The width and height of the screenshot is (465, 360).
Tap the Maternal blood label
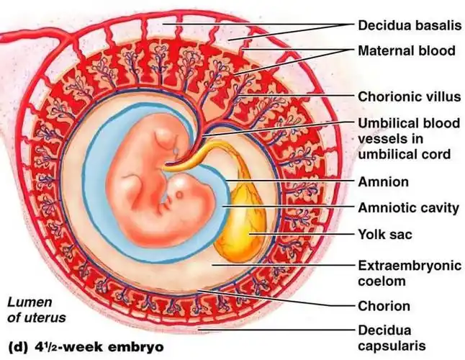(407, 50)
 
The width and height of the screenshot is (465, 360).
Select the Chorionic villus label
(409, 96)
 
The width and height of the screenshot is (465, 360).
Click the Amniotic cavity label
(408, 208)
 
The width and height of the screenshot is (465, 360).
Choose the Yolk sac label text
(386, 234)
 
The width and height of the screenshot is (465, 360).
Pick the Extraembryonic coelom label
(409, 273)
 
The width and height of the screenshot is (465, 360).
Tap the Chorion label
(384, 305)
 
